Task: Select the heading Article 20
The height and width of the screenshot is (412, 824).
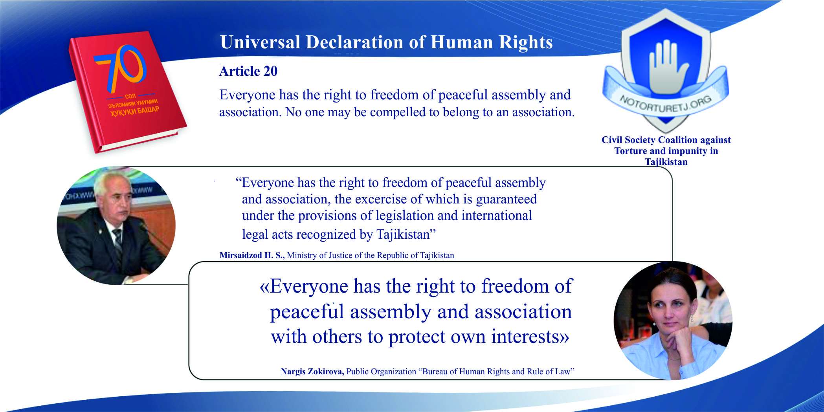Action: [x=248, y=71]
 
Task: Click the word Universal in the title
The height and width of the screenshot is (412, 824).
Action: [x=260, y=42]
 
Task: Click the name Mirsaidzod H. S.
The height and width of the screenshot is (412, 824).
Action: [x=252, y=255]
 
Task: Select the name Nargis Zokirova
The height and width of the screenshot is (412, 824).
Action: [x=312, y=372]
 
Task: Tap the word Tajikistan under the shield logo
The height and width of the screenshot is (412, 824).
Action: [x=666, y=162]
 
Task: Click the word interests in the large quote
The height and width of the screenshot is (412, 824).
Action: [x=528, y=337]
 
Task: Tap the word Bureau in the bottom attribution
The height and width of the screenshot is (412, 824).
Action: [x=435, y=372]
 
